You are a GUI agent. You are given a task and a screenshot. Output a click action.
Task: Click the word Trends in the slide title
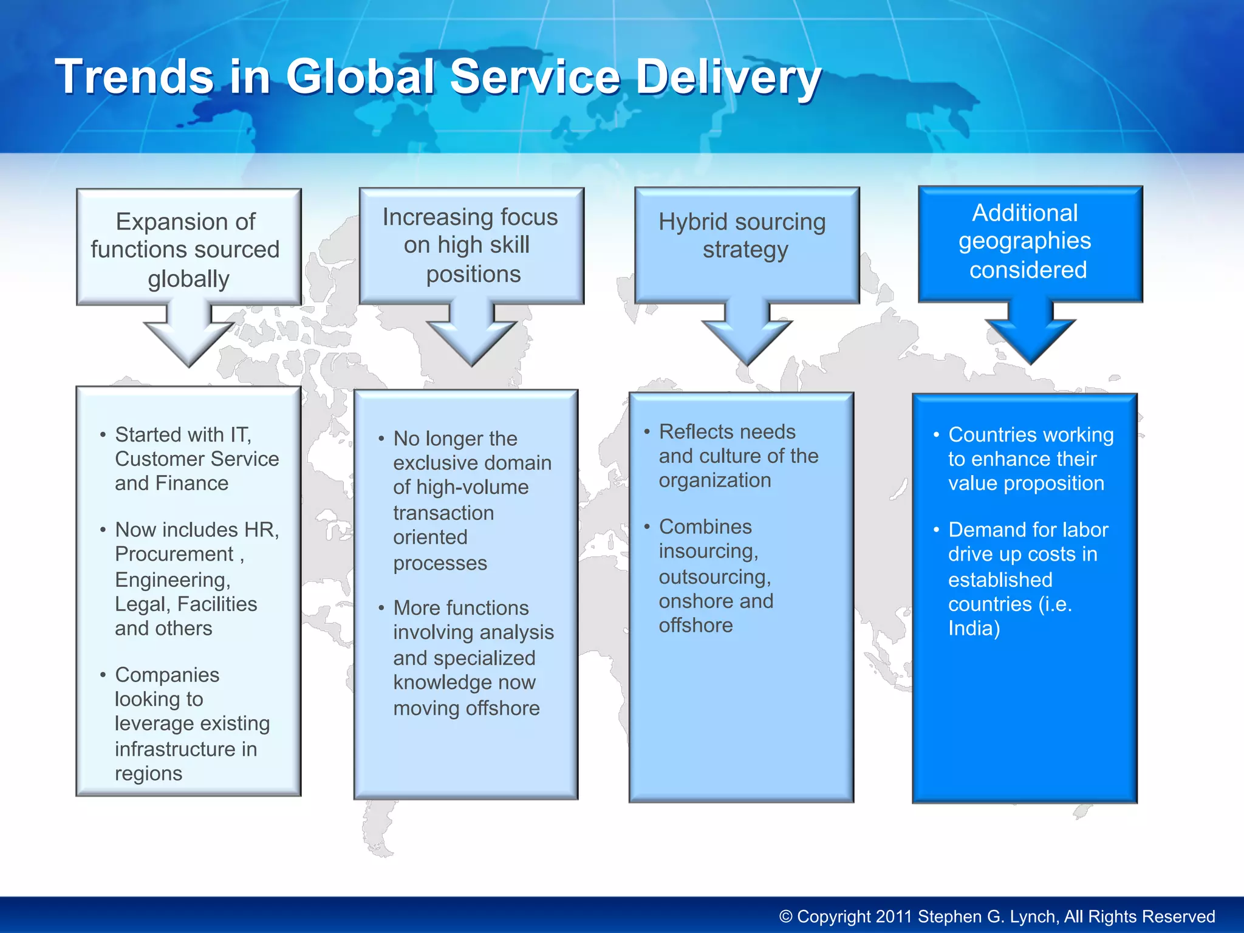134,77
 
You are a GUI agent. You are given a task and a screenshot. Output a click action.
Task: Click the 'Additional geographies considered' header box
1030,243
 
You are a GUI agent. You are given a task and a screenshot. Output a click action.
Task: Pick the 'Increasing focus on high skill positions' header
471,245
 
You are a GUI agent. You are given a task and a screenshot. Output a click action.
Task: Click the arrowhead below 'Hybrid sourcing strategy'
747,340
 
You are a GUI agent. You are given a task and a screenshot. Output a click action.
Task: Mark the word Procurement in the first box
174,554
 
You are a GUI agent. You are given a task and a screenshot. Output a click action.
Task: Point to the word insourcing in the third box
708,552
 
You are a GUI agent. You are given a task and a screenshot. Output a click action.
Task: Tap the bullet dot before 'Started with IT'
103,435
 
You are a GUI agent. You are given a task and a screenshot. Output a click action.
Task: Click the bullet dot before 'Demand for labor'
937,530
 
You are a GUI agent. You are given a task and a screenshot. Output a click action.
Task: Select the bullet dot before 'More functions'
381,608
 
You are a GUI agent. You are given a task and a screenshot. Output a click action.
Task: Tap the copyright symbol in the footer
786,917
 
